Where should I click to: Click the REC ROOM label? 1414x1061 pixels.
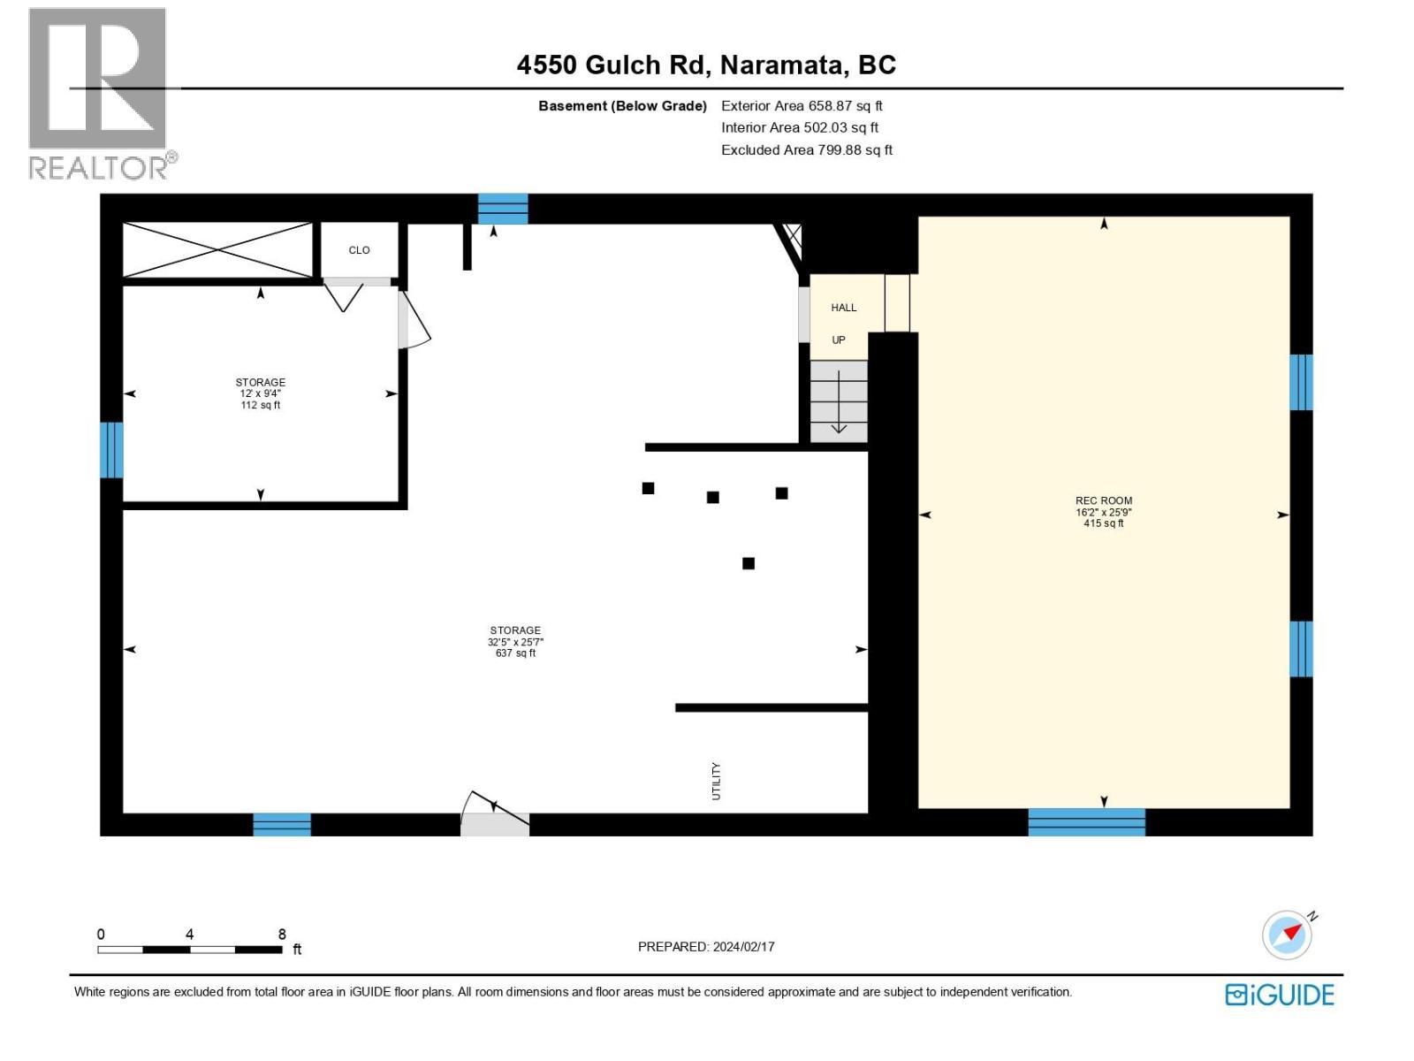(1103, 500)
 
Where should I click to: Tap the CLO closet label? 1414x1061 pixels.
(359, 250)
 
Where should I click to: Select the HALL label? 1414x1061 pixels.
(843, 308)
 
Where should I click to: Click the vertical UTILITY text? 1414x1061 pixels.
(716, 782)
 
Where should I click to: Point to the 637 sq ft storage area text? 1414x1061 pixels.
(515, 653)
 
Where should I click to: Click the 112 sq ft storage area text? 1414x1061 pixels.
(260, 405)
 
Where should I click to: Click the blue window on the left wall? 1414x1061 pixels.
(111, 449)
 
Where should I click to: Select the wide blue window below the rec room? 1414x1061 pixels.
(1086, 822)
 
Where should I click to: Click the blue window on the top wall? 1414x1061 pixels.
(503, 209)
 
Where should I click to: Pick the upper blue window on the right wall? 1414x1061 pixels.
(1300, 382)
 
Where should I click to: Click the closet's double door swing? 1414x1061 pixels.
(345, 294)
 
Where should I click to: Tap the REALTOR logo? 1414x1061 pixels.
(99, 93)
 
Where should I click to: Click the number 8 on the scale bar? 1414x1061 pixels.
(282, 935)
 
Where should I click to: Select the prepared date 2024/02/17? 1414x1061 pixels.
(742, 946)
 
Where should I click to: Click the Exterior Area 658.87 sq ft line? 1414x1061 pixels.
(802, 106)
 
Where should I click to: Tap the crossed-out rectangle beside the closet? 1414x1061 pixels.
(217, 250)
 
